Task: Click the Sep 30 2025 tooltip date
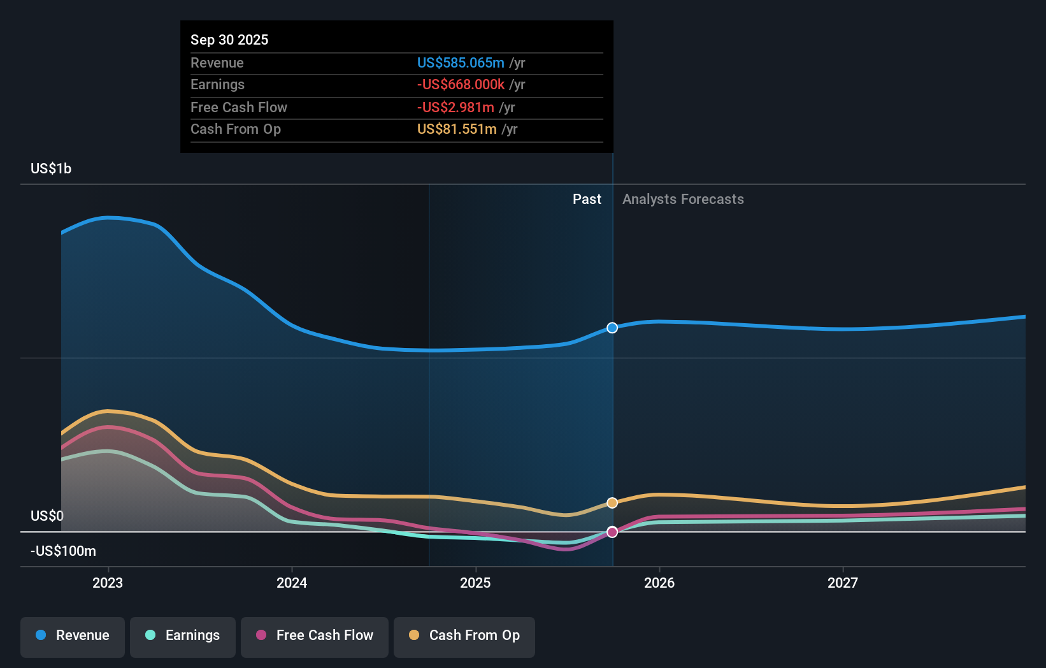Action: (229, 40)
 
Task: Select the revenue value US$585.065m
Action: (460, 62)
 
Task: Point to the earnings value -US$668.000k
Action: (460, 85)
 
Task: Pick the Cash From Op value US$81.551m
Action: (456, 129)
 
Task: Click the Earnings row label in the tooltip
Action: (217, 85)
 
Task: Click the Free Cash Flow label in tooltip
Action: (238, 107)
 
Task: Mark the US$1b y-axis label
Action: (51, 168)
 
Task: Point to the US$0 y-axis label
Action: (47, 516)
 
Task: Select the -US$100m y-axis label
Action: (63, 551)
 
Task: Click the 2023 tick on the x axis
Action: (108, 583)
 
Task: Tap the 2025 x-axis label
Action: (475, 583)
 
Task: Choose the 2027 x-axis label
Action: (842, 583)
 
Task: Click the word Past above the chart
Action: (586, 199)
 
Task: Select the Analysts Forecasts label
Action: (682, 199)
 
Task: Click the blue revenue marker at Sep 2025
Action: (612, 328)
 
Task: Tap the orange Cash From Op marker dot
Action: (612, 503)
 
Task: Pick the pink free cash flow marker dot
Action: (612, 532)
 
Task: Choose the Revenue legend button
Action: (73, 635)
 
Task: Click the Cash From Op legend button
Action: (464, 635)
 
